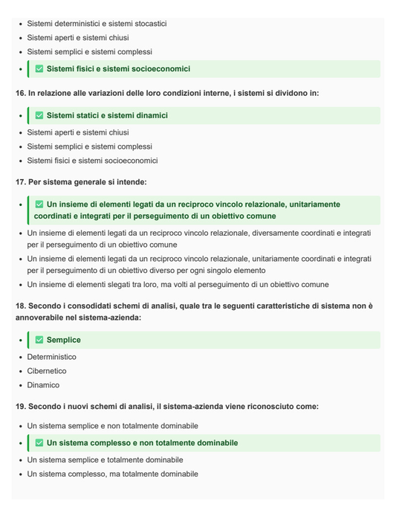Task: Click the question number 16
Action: pos(20,94)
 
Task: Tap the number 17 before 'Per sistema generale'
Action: pos(20,182)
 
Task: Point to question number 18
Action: pos(20,306)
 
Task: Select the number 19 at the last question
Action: pos(20,407)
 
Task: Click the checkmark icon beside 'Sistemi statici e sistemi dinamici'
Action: pos(39,116)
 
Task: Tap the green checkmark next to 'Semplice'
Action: pos(39,341)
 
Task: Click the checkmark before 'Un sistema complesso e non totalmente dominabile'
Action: pos(39,443)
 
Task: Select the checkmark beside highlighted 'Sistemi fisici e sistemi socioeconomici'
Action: pos(39,69)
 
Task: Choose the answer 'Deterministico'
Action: pos(52,357)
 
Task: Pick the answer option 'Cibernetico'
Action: pos(47,371)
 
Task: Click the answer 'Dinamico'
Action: pos(43,385)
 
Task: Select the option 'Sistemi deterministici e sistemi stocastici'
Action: pos(97,24)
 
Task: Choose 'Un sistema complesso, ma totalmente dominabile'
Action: pos(113,474)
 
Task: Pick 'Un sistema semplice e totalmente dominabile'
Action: pos(105,459)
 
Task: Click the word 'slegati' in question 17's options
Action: pos(124,285)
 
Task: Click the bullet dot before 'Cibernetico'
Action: pos(20,371)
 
